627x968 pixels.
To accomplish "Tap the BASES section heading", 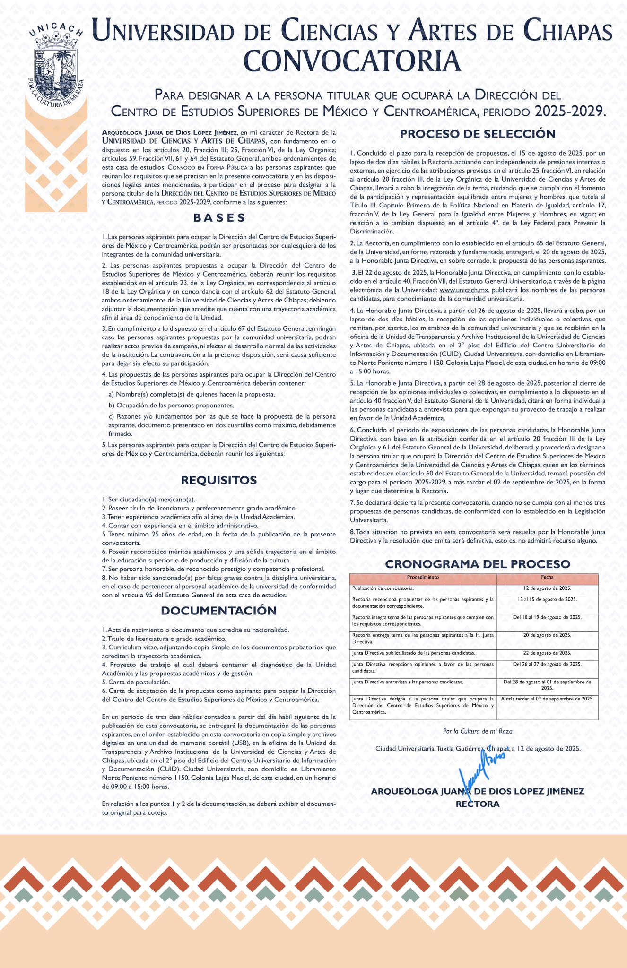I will pyautogui.click(x=219, y=218).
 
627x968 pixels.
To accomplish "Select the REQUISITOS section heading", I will pyautogui.click(x=219, y=480).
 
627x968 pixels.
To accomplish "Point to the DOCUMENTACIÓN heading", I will pyautogui.click(x=219, y=611).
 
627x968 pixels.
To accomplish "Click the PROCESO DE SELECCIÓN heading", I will pyautogui.click(x=478, y=134).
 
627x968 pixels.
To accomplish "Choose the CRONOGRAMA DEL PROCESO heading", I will pyautogui.click(x=478, y=564).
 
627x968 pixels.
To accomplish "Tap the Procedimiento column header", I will pyautogui.click(x=423, y=578).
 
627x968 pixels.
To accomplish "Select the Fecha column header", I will pyautogui.click(x=548, y=578).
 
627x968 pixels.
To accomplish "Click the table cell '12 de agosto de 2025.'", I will pyautogui.click(x=548, y=588).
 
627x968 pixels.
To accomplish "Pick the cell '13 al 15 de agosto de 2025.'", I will pyautogui.click(x=548, y=599).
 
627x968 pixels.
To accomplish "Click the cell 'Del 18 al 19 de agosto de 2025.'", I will pyautogui.click(x=548, y=617).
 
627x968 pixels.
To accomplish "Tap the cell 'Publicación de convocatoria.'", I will pyautogui.click(x=383, y=588).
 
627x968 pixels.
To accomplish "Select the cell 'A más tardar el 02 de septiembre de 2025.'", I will pyautogui.click(x=548, y=699).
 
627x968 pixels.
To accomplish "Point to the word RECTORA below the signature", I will pyautogui.click(x=478, y=804).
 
